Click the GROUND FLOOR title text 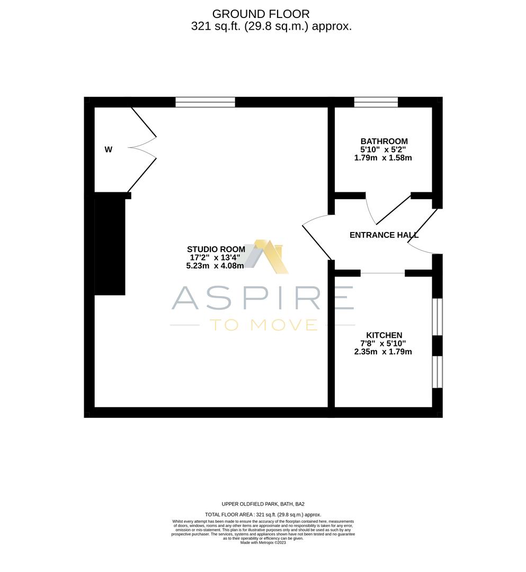(x=261, y=14)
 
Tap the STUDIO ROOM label (x=216, y=249)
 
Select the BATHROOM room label (x=384, y=141)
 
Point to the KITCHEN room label (x=384, y=335)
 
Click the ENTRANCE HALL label (x=384, y=235)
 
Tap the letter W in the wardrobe (x=108, y=150)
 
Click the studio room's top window (x=205, y=102)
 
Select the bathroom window (x=376, y=102)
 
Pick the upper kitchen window (x=437, y=317)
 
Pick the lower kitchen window (x=437, y=372)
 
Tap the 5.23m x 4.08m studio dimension (x=215, y=266)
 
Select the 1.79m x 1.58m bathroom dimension (x=383, y=158)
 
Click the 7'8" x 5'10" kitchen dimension (x=383, y=343)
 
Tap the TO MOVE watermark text (x=263, y=325)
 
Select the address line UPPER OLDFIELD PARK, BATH (x=263, y=504)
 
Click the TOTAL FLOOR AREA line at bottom (x=263, y=514)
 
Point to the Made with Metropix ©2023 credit (x=263, y=542)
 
